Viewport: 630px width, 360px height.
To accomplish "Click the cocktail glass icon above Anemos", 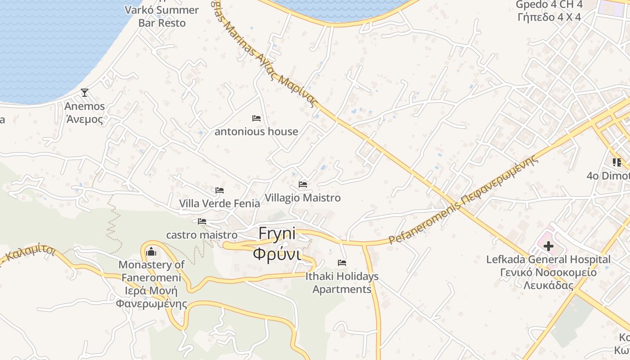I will click(x=84, y=93).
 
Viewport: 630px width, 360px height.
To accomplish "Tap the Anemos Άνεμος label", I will click(x=85, y=112).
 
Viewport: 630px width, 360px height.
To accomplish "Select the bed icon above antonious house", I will click(x=256, y=118).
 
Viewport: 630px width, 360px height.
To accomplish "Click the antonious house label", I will click(x=256, y=131).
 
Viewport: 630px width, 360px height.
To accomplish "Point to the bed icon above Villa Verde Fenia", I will click(x=220, y=190).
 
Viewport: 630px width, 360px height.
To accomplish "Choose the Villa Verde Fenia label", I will click(x=220, y=203).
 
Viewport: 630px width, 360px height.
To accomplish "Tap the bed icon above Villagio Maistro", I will click(x=303, y=184).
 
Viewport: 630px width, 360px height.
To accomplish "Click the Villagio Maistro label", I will click(x=303, y=198).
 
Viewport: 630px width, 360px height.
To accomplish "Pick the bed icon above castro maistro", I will click(x=202, y=221).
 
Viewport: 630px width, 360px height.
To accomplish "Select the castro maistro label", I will click(x=202, y=235).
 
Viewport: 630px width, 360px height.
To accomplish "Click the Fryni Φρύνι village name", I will click(x=277, y=244).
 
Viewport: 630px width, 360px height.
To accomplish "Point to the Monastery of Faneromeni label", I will click(x=151, y=284).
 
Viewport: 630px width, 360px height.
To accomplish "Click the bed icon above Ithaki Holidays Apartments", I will click(x=342, y=263).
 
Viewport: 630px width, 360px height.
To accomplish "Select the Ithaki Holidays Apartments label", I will click(x=342, y=283).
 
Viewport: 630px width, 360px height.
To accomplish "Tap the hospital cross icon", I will click(x=549, y=246).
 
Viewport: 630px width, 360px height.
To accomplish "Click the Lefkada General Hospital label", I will click(x=549, y=272).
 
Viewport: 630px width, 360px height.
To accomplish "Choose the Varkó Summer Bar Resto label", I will click(x=162, y=16).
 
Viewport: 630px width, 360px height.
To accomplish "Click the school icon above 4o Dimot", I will click(x=616, y=162).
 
